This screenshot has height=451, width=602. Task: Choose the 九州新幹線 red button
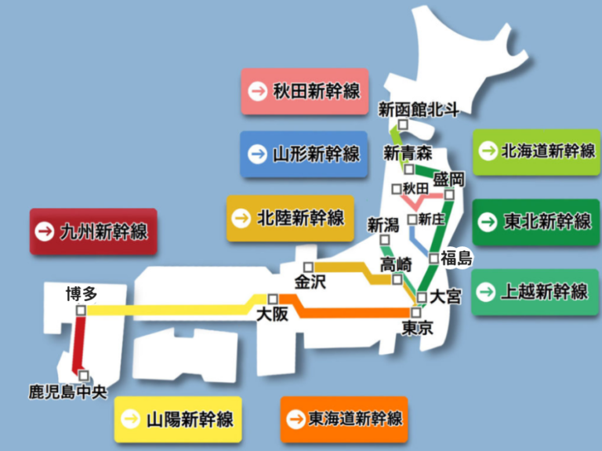tap(92, 231)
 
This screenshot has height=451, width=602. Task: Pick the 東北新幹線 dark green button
tap(536, 222)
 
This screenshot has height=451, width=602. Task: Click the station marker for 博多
tap(81, 311)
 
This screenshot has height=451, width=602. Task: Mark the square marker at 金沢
tap(309, 266)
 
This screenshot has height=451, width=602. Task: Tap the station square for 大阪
tap(273, 299)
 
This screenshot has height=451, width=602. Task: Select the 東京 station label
tap(416, 329)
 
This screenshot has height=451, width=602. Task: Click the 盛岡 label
tap(448, 179)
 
